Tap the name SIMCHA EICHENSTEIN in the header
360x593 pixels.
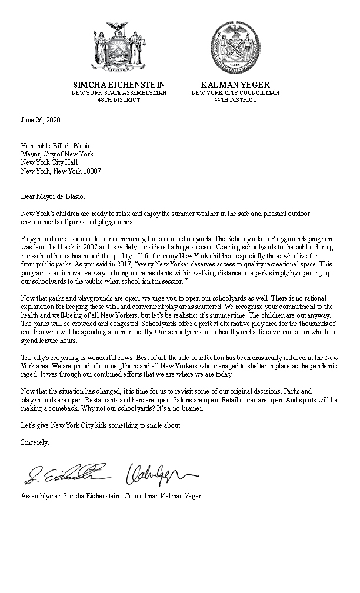click(119, 84)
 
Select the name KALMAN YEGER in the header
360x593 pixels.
click(235, 84)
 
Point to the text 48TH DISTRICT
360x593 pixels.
click(119, 100)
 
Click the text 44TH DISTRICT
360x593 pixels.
click(235, 100)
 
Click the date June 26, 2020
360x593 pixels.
click(41, 120)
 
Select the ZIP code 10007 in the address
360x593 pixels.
click(92, 171)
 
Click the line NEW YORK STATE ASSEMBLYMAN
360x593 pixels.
click(119, 92)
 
